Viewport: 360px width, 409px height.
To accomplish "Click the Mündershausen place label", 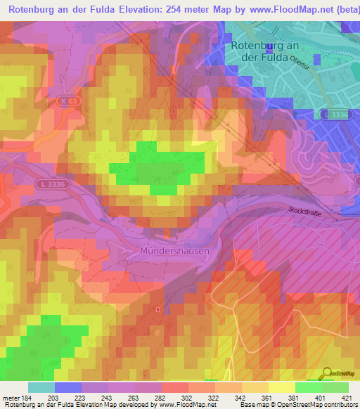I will (x=174, y=250).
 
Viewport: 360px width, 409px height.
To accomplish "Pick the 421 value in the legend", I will (x=348, y=398).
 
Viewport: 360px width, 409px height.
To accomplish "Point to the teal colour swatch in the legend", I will (x=41, y=387).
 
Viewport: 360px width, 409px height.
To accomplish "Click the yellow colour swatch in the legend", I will (x=282, y=387).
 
